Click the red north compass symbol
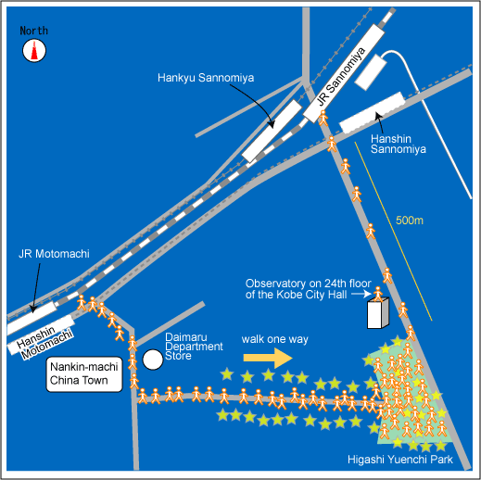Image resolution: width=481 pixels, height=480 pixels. (34, 50)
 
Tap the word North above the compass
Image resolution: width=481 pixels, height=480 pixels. (34, 31)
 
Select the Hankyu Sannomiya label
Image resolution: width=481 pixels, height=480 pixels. (206, 78)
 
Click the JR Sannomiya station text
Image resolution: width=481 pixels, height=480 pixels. (341, 77)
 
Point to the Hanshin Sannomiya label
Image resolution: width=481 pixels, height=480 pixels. (399, 144)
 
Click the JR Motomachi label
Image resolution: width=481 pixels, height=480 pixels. (54, 254)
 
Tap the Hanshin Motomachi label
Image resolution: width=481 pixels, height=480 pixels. (44, 342)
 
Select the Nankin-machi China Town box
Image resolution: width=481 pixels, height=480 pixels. (84, 374)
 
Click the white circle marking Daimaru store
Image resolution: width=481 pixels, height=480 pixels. (153, 360)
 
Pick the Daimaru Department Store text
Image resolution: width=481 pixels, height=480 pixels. (194, 347)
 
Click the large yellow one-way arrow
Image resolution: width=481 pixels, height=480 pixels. (268, 358)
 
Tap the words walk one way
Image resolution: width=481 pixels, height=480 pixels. (275, 339)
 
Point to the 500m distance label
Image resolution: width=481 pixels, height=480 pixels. (410, 221)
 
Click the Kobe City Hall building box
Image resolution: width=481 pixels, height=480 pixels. (378, 312)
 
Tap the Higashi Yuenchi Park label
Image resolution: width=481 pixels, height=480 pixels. (400, 460)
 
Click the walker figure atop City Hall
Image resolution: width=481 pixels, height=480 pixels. (378, 294)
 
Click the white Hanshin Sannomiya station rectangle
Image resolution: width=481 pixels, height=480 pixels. (373, 113)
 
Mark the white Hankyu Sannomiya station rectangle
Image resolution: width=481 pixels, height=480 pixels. (272, 131)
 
